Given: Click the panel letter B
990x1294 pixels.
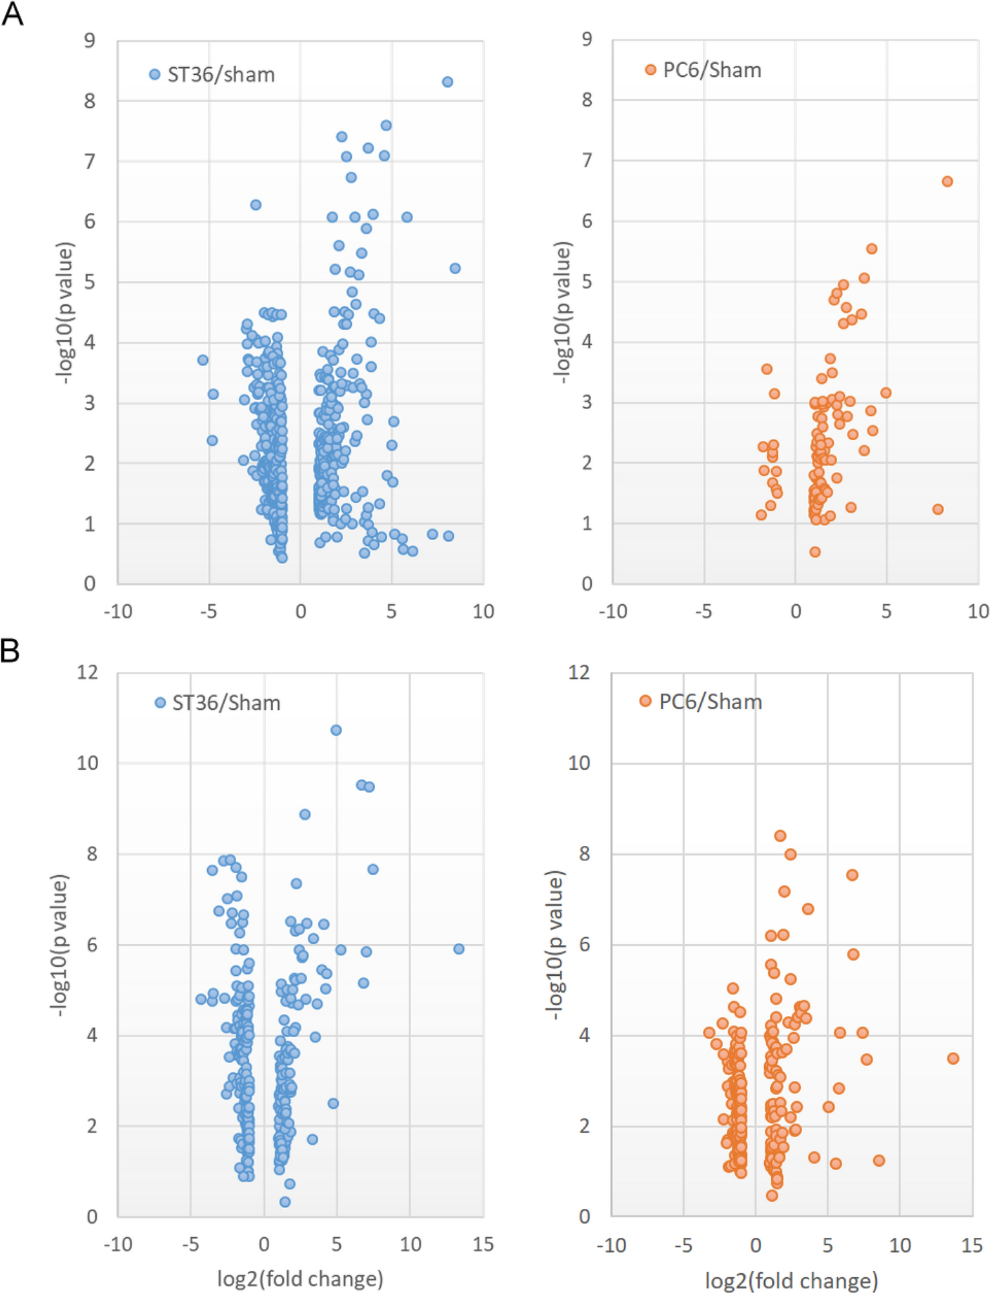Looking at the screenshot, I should coord(10,651).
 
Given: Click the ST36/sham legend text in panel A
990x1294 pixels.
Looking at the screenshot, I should coord(221,75).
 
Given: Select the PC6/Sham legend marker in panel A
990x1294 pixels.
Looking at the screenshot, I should coord(651,70).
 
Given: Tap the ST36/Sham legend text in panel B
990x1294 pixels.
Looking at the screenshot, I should coord(226,703).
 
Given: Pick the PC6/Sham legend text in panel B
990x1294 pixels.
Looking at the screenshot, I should coord(710,702).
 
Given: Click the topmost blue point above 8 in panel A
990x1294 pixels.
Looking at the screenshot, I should coord(447,82).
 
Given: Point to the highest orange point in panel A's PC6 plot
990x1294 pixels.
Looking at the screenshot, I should coord(947,181).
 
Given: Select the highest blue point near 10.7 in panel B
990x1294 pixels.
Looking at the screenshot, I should coord(336,730).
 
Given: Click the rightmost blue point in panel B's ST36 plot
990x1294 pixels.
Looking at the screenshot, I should coord(459,949).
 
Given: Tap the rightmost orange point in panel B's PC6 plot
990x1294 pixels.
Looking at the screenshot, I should coord(953,1058).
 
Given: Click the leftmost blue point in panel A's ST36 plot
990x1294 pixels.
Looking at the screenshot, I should coord(203,359).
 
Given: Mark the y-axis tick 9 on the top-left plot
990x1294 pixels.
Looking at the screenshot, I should coord(89,41).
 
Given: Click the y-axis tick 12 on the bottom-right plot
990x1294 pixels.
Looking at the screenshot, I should coord(579,672).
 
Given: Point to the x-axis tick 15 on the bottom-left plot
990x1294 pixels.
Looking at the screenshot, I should coord(483,1244).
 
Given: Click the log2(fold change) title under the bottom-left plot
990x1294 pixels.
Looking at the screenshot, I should coord(300,1279).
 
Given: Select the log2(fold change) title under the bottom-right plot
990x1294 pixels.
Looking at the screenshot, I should coord(791,1280).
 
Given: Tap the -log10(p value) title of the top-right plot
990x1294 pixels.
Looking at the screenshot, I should coord(563,313).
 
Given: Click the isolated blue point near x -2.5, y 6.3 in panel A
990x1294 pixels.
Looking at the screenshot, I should coord(256,205).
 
